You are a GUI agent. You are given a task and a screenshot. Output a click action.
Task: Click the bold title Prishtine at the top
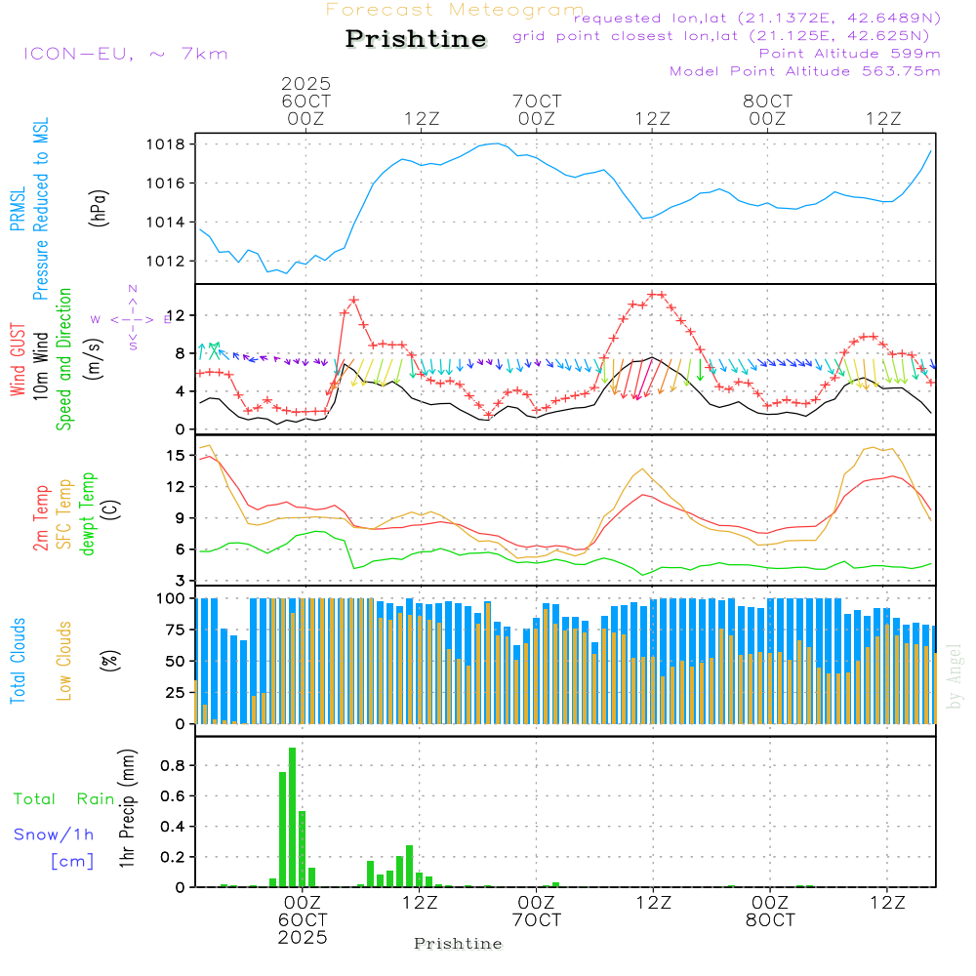click(416, 39)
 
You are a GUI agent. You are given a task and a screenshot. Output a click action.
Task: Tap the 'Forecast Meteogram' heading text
click(455, 10)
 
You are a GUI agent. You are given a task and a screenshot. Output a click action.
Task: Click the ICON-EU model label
click(125, 54)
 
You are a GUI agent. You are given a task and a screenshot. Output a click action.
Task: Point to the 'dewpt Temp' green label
click(89, 514)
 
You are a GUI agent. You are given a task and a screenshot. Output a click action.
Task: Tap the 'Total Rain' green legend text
click(64, 798)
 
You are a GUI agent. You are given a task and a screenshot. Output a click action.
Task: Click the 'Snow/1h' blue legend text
click(55, 834)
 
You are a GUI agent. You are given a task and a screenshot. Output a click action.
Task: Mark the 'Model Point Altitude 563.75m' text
click(805, 71)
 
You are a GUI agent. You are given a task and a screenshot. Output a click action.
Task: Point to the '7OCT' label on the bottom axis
click(536, 920)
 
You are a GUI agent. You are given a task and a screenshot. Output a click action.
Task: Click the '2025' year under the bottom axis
click(303, 937)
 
